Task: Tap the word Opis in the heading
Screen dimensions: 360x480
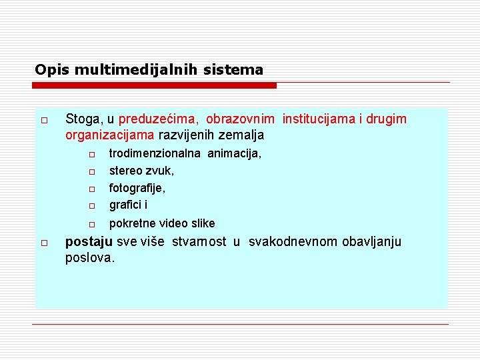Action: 47,69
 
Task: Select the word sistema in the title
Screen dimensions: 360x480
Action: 239,69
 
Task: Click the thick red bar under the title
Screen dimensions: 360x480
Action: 155,85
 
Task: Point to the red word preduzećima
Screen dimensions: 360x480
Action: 158,119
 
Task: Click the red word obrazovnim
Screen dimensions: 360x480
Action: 240,119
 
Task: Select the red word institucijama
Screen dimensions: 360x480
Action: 319,119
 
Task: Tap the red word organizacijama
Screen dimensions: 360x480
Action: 110,135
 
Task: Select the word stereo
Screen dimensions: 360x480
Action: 125,171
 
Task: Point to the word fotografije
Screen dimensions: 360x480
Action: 137,188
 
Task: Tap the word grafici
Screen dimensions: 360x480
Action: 125,205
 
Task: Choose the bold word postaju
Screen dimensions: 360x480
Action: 87,241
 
